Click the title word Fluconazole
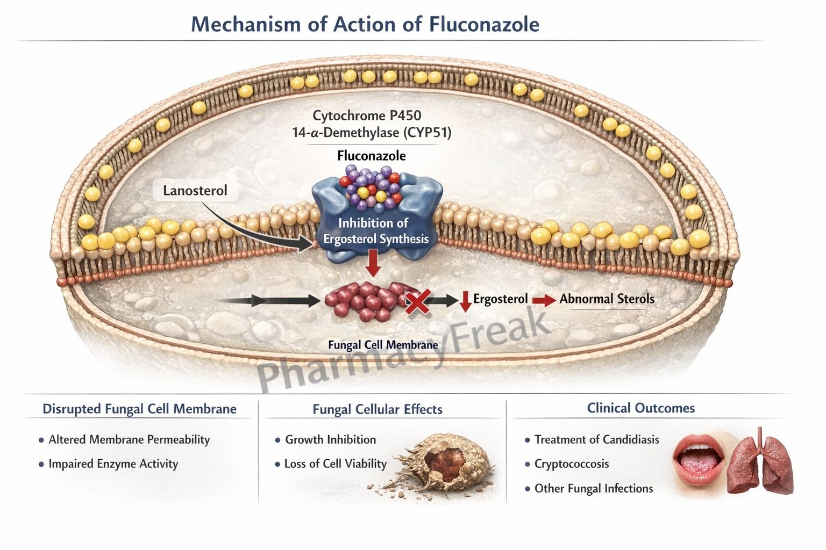484,25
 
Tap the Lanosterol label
195,191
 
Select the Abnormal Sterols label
607,299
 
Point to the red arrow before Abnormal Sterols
544,300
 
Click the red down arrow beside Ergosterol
465,301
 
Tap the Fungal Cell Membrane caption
383,345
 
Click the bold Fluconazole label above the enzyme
371,156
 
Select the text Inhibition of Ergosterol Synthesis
375,231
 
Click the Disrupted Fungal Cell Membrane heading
139,409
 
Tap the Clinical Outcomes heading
640,408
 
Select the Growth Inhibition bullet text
330,439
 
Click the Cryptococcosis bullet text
571,464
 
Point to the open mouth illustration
697,459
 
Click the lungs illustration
760,462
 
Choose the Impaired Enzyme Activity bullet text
113,464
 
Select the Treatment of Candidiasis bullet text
596,440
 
